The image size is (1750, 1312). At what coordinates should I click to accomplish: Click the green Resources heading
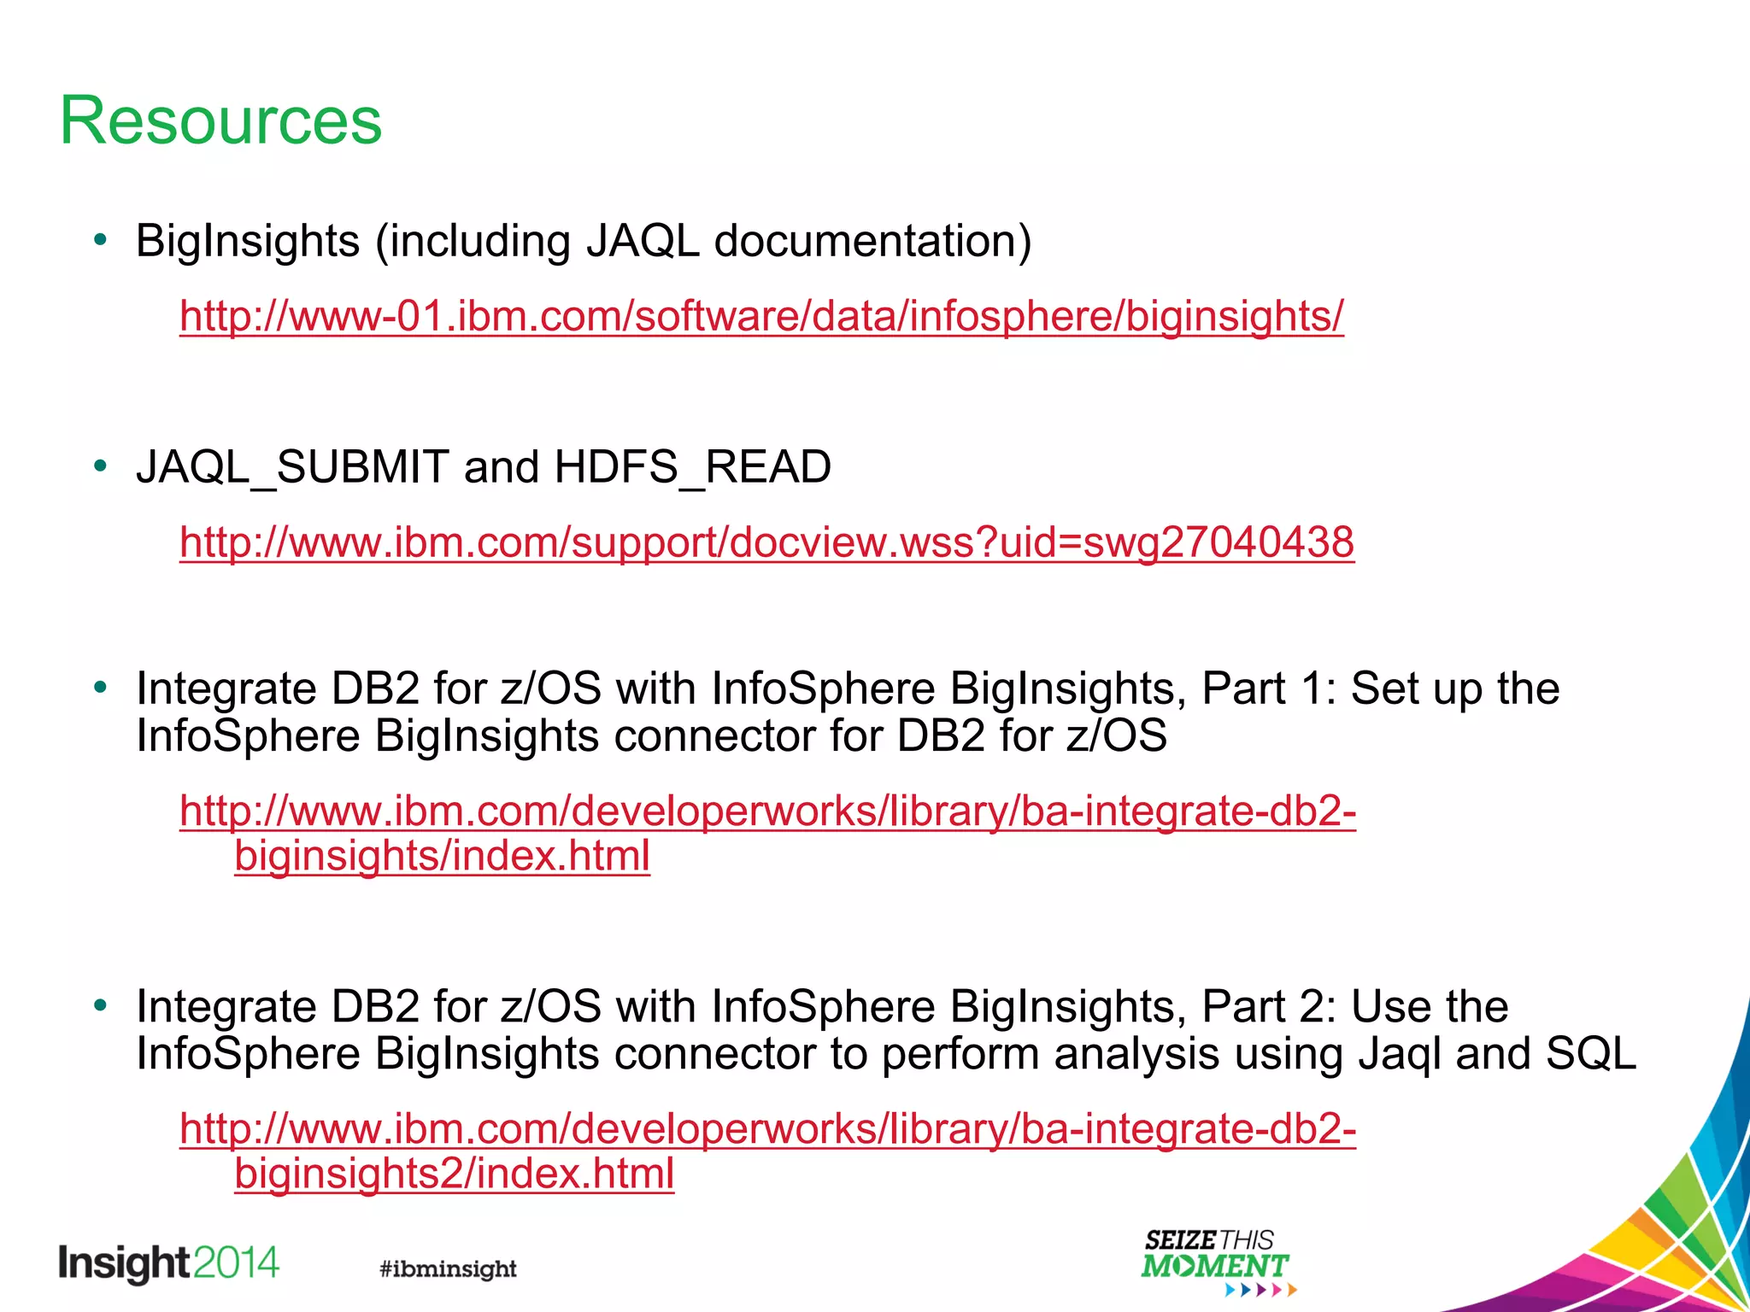[220, 121]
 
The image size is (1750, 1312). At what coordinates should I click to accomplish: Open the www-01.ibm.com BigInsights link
[761, 316]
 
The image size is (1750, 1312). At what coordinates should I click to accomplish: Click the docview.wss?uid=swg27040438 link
[766, 542]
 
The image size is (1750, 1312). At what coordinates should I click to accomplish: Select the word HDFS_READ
[692, 467]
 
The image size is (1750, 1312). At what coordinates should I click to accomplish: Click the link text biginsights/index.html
[442, 856]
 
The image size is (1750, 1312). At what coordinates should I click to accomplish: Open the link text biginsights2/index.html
[454, 1174]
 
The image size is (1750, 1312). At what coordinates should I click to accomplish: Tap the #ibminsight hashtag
[448, 1268]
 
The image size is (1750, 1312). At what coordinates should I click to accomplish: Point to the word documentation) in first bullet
[872, 241]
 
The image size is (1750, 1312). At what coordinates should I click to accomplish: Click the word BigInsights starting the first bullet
[248, 241]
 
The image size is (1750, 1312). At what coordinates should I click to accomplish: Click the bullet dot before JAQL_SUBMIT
[101, 466]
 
